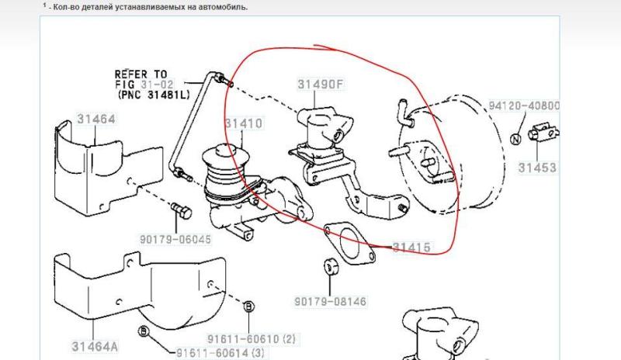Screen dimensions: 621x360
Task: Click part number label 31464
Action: pyautogui.click(x=96, y=119)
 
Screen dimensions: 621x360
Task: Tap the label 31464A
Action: pyautogui.click(x=95, y=347)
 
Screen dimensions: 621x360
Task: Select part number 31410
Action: pyautogui.click(x=244, y=123)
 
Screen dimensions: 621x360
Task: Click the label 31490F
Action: pyautogui.click(x=321, y=84)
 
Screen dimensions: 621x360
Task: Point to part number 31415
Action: pyautogui.click(x=411, y=247)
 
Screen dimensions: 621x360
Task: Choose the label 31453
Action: pyautogui.click(x=537, y=168)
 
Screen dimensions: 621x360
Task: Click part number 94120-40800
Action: pyautogui.click(x=524, y=106)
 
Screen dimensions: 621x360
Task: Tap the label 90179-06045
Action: pyautogui.click(x=175, y=239)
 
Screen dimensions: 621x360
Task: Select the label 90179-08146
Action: pyautogui.click(x=331, y=301)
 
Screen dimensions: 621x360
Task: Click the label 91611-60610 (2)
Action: pyautogui.click(x=252, y=339)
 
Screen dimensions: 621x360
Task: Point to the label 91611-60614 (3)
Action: pyautogui.click(x=220, y=353)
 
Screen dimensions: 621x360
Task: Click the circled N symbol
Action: pyautogui.click(x=515, y=140)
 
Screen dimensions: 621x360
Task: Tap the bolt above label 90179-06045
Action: pyautogui.click(x=182, y=212)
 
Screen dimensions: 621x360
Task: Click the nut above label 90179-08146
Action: pyautogui.click(x=331, y=266)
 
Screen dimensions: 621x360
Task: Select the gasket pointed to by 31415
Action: pyautogui.click(x=349, y=243)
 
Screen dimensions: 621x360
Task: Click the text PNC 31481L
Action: pyautogui.click(x=154, y=95)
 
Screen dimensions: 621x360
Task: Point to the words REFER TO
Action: pyautogui.click(x=141, y=74)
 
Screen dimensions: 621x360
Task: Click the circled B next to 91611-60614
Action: pyautogui.click(x=144, y=331)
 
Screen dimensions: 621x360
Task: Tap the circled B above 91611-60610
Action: pyautogui.click(x=248, y=306)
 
